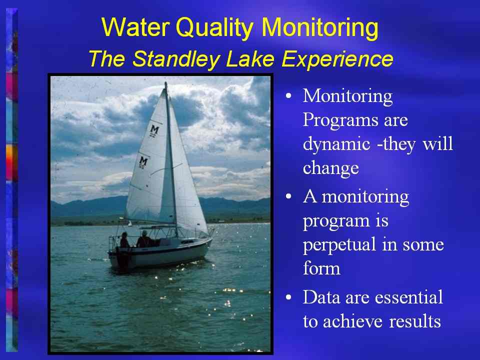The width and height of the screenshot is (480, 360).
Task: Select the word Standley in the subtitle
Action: click(x=175, y=58)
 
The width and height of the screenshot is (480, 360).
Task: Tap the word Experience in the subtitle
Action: click(x=337, y=59)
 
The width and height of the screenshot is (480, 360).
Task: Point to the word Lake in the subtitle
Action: click(x=250, y=58)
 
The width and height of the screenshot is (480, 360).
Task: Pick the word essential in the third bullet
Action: click(x=408, y=297)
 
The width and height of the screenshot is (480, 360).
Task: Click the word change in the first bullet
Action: click(x=330, y=168)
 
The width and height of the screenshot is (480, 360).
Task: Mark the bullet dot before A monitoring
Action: click(x=288, y=196)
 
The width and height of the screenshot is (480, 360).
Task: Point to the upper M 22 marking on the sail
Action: click(x=153, y=130)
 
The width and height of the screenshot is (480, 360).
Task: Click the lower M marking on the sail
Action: click(x=143, y=162)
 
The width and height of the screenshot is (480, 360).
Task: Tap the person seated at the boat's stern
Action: click(x=123, y=240)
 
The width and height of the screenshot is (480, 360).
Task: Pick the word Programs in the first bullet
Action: click(x=340, y=120)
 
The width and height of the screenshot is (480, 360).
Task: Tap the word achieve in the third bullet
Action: click(x=352, y=321)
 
